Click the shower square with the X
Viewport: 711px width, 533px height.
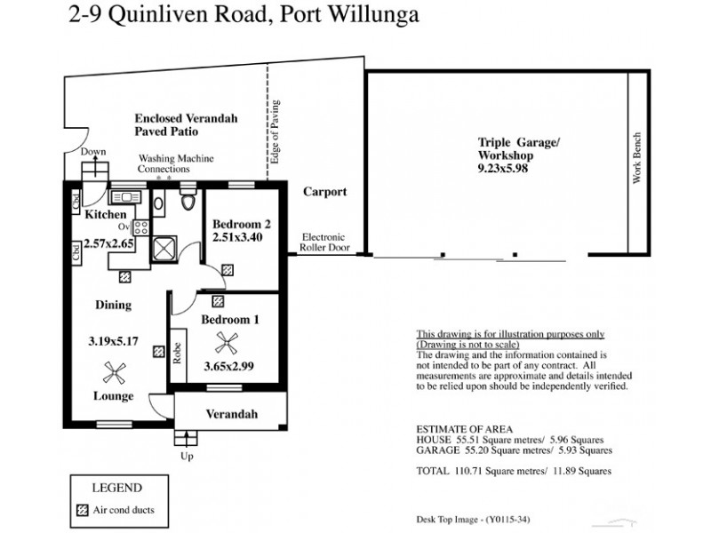[164, 247]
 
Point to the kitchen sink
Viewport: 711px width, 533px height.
[124, 196]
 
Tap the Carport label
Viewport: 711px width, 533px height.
[324, 192]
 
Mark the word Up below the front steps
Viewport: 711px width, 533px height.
[187, 456]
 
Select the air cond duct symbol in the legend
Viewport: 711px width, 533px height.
[82, 510]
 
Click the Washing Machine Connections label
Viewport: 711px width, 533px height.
[164, 163]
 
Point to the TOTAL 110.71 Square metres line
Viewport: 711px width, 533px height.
[514, 471]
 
